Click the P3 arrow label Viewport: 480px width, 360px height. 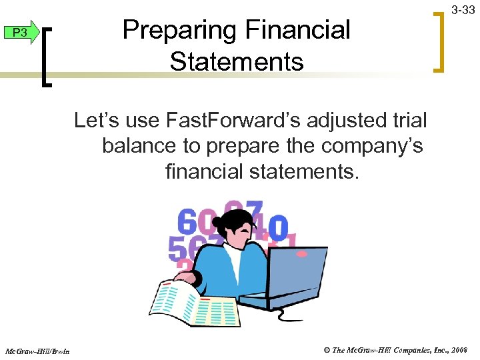pos(21,33)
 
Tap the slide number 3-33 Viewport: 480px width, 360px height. pos(463,10)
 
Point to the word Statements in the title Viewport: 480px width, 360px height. pos(237,62)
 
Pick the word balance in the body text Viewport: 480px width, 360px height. pos(139,146)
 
